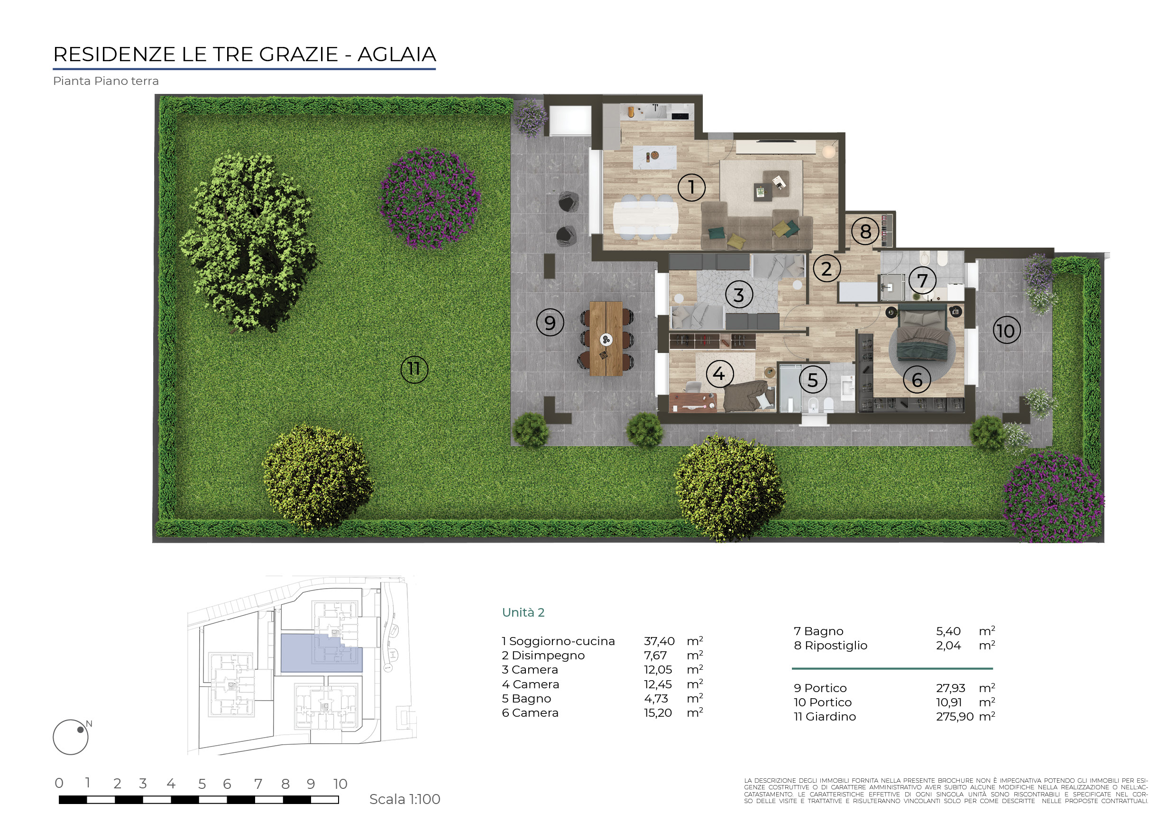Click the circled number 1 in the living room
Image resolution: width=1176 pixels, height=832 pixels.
point(691,187)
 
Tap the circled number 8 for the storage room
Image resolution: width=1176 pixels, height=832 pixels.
point(865,231)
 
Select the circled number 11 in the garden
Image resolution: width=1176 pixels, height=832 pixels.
point(414,369)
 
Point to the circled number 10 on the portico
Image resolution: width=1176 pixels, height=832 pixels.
point(1006,331)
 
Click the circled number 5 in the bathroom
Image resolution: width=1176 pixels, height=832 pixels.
point(813,380)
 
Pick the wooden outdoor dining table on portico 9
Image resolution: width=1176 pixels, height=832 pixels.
point(606,339)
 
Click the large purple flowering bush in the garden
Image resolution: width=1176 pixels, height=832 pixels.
point(430,198)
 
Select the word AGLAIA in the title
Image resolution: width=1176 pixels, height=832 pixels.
point(396,54)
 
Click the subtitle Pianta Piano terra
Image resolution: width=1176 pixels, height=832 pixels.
point(106,81)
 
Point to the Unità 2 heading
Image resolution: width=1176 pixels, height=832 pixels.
point(523,613)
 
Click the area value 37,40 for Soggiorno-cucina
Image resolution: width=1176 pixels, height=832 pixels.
point(659,641)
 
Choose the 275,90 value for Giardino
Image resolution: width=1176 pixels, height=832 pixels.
point(955,717)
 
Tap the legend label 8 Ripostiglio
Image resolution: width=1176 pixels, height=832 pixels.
point(830,646)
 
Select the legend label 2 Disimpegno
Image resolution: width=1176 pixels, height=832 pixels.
point(543,656)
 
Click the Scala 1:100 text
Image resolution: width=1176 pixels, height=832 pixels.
point(404,799)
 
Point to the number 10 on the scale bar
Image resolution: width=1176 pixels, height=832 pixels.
point(340,784)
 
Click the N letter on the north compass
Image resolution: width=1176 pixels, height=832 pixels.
point(89,724)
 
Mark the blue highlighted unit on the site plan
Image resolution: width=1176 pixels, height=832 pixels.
point(321,653)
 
